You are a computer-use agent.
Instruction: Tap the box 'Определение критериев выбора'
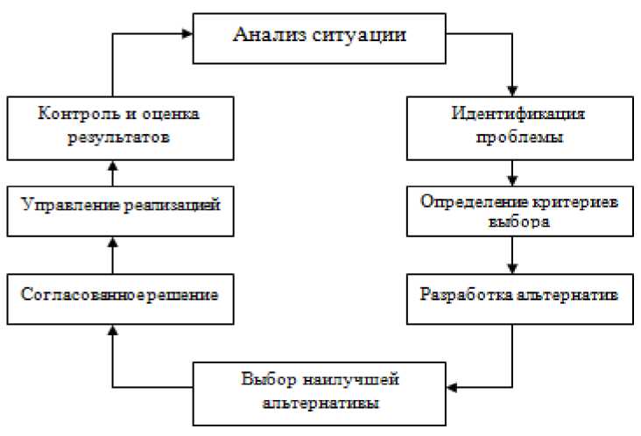click(518, 210)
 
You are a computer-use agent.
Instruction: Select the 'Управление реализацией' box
click(120, 207)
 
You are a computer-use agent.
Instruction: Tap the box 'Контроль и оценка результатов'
click(120, 126)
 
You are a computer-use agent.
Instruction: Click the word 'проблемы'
click(519, 137)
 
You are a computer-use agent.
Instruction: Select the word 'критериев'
click(569, 200)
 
